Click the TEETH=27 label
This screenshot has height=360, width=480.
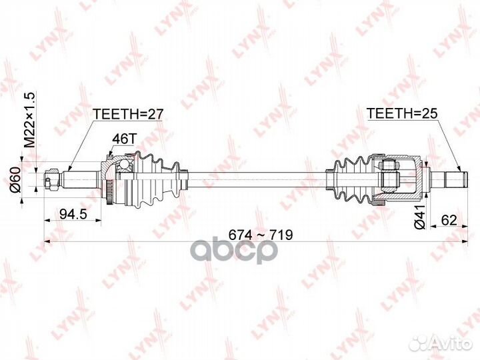pos(129,114)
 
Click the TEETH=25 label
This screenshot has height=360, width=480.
pos(397,114)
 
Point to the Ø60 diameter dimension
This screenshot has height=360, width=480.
pos(27,177)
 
